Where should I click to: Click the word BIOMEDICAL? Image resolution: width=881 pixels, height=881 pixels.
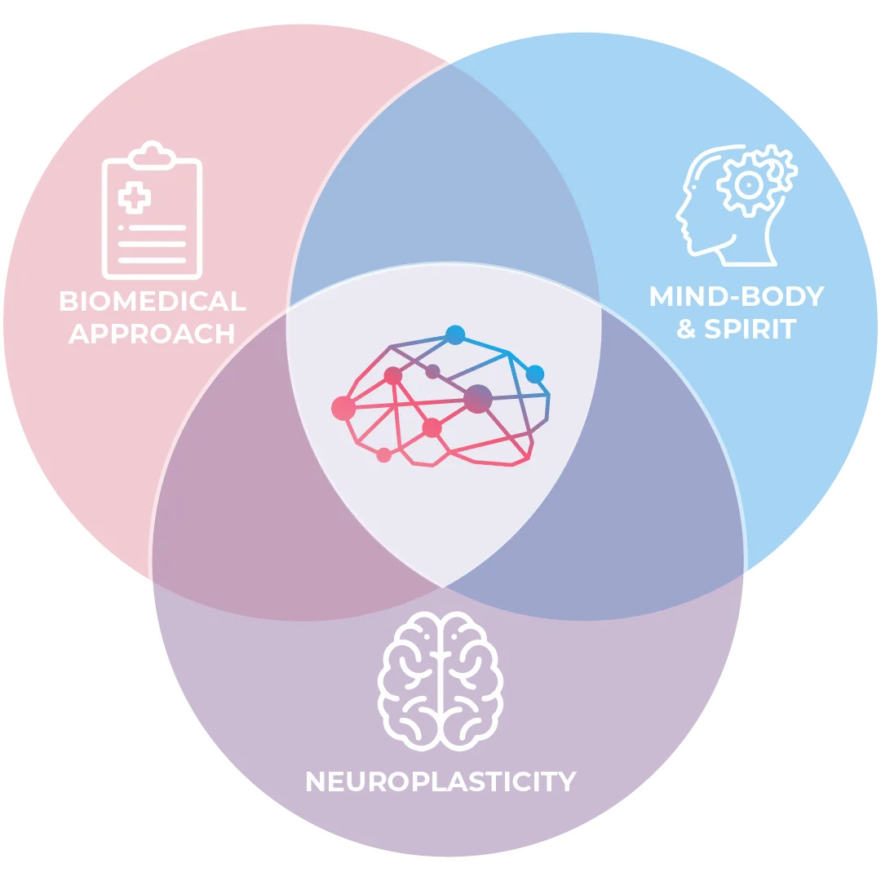click(153, 301)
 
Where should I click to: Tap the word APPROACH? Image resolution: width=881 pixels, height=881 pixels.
click(153, 333)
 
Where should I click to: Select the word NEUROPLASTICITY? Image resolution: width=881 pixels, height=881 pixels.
click(440, 781)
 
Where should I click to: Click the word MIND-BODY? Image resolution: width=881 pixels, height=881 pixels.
click(737, 296)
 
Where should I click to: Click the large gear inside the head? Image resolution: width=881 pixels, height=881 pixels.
click(747, 185)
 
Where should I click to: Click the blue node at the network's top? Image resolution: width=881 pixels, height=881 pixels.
click(455, 334)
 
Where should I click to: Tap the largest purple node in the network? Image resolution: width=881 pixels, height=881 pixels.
click(478, 398)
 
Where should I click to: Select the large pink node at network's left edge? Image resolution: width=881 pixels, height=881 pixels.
click(343, 407)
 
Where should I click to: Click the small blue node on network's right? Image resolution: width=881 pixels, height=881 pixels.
click(534, 374)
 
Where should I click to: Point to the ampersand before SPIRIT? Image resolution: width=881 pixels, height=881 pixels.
click(687, 330)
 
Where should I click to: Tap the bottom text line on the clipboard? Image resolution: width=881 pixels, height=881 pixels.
click(153, 260)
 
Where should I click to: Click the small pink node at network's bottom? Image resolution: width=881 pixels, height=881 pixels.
click(383, 455)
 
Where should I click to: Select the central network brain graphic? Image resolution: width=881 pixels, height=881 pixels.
click(445, 400)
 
